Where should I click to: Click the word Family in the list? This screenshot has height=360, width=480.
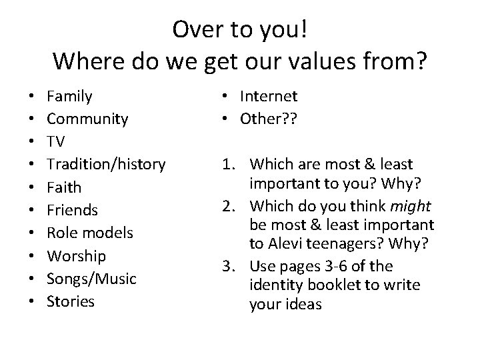(x=69, y=97)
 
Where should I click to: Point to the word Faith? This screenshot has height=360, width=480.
(x=64, y=187)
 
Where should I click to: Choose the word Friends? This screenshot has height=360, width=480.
(x=72, y=210)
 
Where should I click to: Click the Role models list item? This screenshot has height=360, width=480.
(x=90, y=233)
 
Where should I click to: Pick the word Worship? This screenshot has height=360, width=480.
(x=77, y=256)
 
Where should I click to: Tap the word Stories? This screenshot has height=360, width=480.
(x=71, y=301)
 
